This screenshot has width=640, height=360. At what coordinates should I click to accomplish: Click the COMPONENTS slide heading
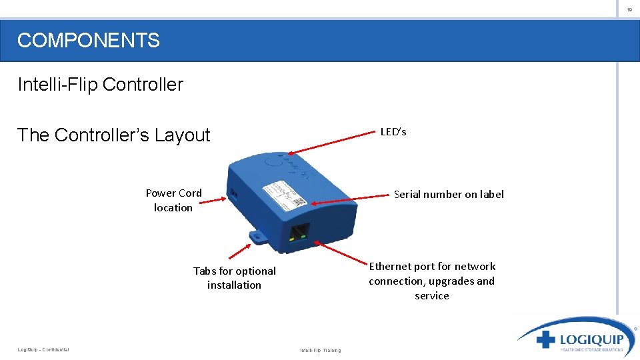pos(89,41)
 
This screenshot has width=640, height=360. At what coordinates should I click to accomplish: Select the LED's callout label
pos(393,132)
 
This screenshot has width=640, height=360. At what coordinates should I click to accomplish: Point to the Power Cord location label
pos(173,200)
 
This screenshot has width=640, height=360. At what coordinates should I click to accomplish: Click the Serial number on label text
pos(449,194)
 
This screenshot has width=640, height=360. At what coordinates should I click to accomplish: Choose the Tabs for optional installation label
pos(234,277)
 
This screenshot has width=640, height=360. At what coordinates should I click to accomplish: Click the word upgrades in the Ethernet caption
pos(455,281)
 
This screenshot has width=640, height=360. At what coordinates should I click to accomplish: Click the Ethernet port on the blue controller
pos(299,232)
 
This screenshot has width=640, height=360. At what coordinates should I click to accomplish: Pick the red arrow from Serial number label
pos(349,199)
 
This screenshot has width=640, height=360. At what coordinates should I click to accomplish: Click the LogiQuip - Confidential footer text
pos(43,349)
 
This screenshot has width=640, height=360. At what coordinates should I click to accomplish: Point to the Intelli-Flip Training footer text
pos(320,350)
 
